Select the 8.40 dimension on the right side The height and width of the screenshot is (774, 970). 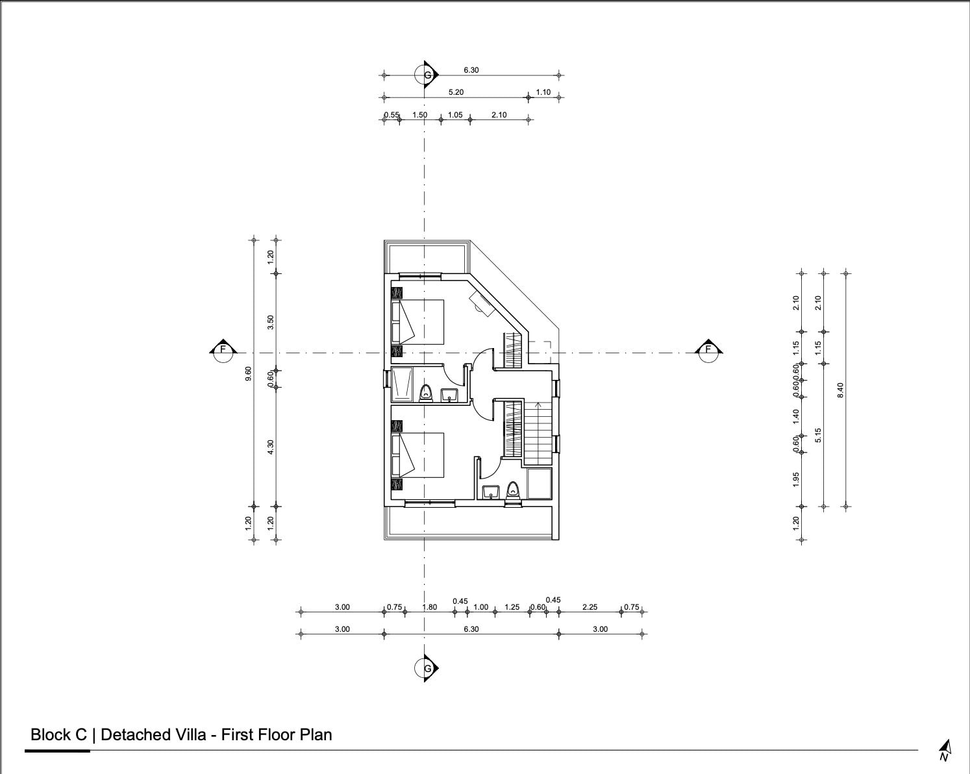pos(840,390)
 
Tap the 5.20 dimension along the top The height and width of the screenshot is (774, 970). pos(456,92)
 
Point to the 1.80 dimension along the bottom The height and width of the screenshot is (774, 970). pos(430,606)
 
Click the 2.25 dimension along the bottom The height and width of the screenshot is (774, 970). pos(590,606)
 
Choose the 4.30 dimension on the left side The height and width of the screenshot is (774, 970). pos(271,447)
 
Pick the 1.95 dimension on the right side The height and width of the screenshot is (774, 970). pos(796,480)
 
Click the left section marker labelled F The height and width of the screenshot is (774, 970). pos(223,350)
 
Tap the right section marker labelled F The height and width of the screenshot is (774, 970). pos(708,350)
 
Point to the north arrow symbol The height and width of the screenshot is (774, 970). pos(945,751)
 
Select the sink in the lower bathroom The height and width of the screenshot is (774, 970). pos(490,492)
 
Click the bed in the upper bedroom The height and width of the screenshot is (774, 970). pos(418,322)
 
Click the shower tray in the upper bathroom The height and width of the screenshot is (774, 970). pos(401,384)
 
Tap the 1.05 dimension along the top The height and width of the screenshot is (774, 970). pos(455,115)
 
